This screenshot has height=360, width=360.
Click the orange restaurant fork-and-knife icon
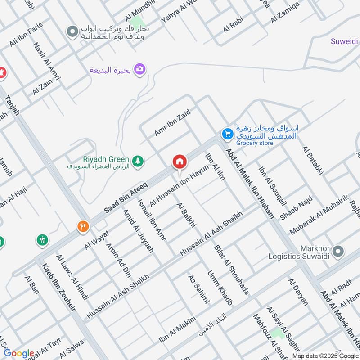coord(82,226)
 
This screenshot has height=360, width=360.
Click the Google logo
coord(19,353)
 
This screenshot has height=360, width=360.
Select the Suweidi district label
coord(345,42)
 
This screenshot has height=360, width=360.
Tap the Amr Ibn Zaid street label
coord(172,121)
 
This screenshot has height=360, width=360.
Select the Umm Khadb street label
coord(220,288)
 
